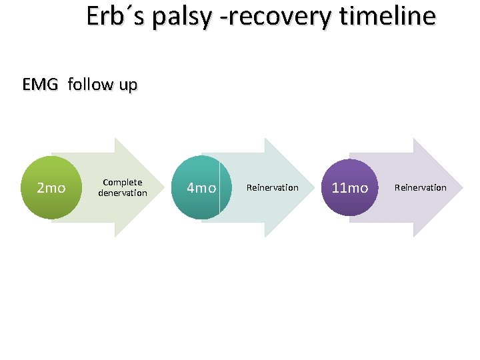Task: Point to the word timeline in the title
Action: click(387, 16)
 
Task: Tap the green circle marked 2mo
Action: click(51, 187)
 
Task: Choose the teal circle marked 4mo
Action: click(201, 187)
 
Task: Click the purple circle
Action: click(349, 187)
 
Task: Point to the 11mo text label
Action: click(349, 188)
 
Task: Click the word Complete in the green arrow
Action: click(123, 182)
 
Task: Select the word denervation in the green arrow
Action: click(123, 193)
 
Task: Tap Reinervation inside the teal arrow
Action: click(273, 187)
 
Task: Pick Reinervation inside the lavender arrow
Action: click(421, 187)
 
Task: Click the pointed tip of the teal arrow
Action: click(313, 187)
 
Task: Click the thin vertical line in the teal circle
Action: click(220, 187)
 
